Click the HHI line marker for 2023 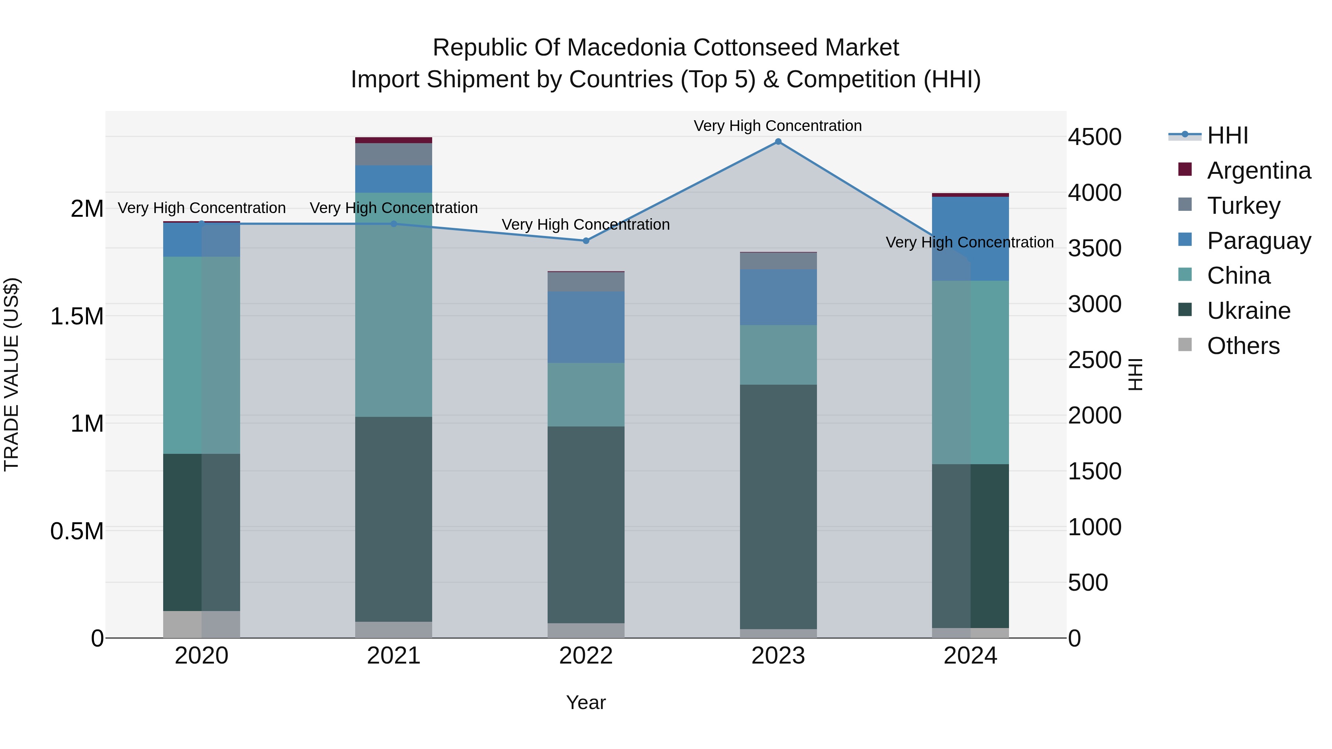click(x=778, y=142)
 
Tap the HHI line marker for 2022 click(x=586, y=241)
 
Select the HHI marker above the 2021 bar click(x=394, y=224)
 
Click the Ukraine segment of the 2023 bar click(x=778, y=507)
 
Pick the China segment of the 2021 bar click(x=394, y=305)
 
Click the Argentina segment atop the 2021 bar click(x=394, y=140)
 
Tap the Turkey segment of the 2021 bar click(x=394, y=154)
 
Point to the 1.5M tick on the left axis click(x=77, y=316)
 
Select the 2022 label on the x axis click(x=586, y=656)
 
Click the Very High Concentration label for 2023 click(x=778, y=126)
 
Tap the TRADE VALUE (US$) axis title click(x=11, y=374)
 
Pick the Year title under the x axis click(x=586, y=702)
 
